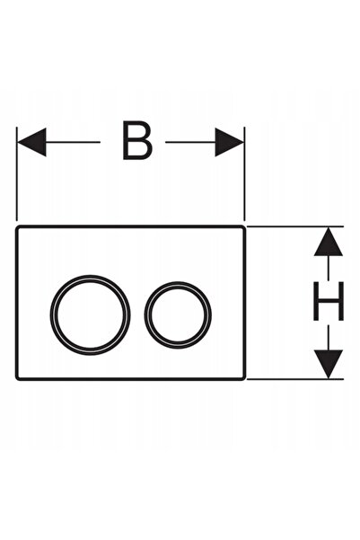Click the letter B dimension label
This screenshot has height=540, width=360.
click(137, 140)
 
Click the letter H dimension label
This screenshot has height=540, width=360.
click(329, 301)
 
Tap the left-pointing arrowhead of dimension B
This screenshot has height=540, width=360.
click(31, 142)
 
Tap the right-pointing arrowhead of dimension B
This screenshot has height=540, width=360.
click(230, 142)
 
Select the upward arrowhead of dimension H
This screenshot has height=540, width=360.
click(329, 242)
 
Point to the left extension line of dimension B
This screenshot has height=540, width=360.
click(17, 173)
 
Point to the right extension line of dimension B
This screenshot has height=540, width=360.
click(244, 173)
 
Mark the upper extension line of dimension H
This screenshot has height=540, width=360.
click(295, 226)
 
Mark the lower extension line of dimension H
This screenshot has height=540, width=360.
click(295, 379)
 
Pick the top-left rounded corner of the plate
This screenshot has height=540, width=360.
click(17, 227)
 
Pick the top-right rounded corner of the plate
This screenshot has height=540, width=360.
click(244, 227)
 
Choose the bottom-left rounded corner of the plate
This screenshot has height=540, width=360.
click(17, 378)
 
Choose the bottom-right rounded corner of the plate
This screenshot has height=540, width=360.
click(244, 378)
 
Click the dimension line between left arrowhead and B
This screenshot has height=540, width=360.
click(73, 142)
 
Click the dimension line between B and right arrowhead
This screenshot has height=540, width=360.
click(190, 142)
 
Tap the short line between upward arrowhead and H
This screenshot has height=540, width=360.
click(329, 268)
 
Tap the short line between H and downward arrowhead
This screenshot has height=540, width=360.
click(329, 338)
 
